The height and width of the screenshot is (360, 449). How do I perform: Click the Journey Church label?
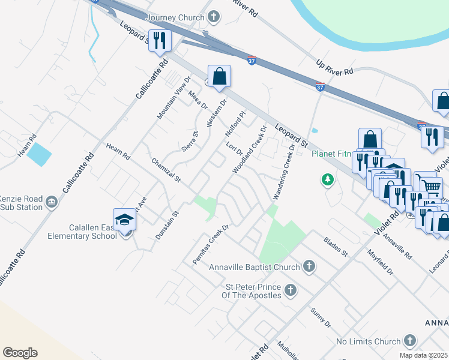click(x=175, y=17)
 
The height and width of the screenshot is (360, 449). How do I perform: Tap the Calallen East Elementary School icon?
click(x=124, y=220)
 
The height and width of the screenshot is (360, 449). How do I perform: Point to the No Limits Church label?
click(x=368, y=341)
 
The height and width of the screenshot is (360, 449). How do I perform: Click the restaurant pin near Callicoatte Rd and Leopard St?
click(x=160, y=41)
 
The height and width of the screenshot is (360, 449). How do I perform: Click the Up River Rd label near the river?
click(x=334, y=68)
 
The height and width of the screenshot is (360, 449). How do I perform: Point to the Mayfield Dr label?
click(x=380, y=262)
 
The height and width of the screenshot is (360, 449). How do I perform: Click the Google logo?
click(x=20, y=353)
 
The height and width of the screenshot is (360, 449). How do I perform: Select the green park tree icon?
click(x=327, y=179)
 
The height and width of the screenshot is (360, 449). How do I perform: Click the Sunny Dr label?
click(x=321, y=318)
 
